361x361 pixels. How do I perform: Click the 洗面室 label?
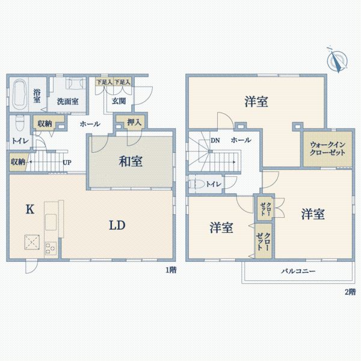pos(67,101)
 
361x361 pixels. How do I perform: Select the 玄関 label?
pos(119,100)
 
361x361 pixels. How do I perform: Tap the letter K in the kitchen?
pos(28,209)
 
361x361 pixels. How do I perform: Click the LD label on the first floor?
pos(117,226)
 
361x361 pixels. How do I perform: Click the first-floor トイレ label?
pos(18,142)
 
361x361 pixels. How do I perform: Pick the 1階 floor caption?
pos(171,270)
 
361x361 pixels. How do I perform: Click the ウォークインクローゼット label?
pos(328,149)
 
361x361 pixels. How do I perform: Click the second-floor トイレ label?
pos(212,184)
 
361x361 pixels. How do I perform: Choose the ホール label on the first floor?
pos(90,123)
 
